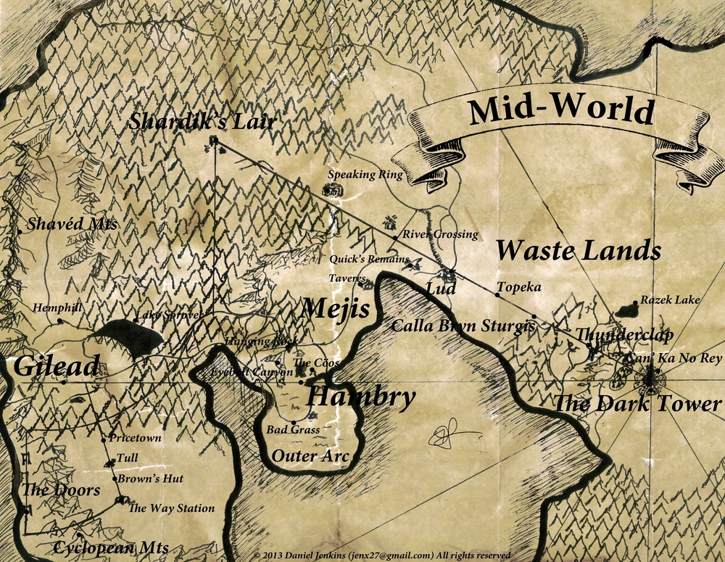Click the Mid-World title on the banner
[x=560, y=111]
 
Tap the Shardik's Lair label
[x=202, y=121]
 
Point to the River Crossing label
[x=440, y=234]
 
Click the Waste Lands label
[x=579, y=251]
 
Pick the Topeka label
[x=519, y=288]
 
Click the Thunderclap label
[x=624, y=334]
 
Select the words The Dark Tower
[x=638, y=405]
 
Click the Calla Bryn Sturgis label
[x=463, y=326]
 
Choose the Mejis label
[x=335, y=310]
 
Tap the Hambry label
[x=360, y=397]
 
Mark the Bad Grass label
[x=293, y=430]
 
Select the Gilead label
[x=56, y=367]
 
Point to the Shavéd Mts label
[x=72, y=224]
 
